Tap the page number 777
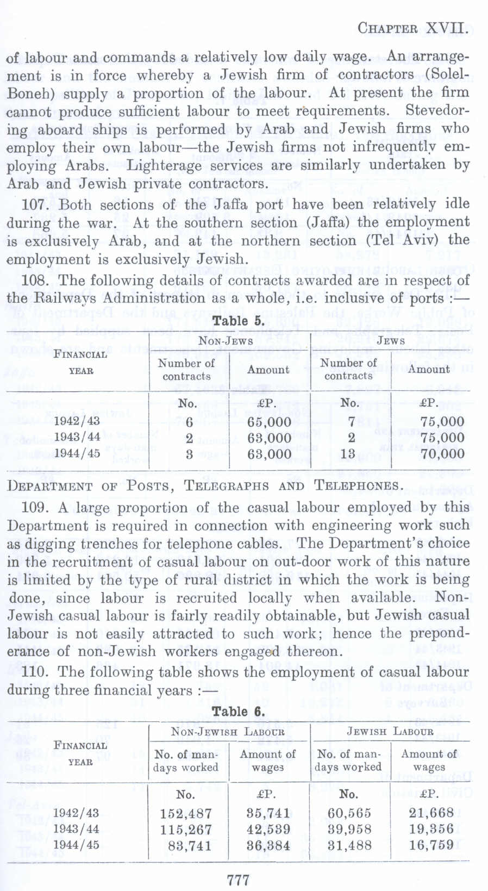coord(239,879)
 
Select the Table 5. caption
coord(239,321)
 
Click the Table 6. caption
coord(239,711)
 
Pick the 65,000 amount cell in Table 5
coord(269,422)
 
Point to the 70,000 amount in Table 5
coord(442,453)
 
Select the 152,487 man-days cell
coord(185,813)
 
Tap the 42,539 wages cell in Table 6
coord(268,830)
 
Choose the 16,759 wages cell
coord(431,845)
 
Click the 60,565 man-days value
coord(349,813)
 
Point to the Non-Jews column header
coord(226,341)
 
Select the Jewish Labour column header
coord(390,732)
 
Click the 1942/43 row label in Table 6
coord(76,813)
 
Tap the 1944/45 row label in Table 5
coord(77,453)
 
